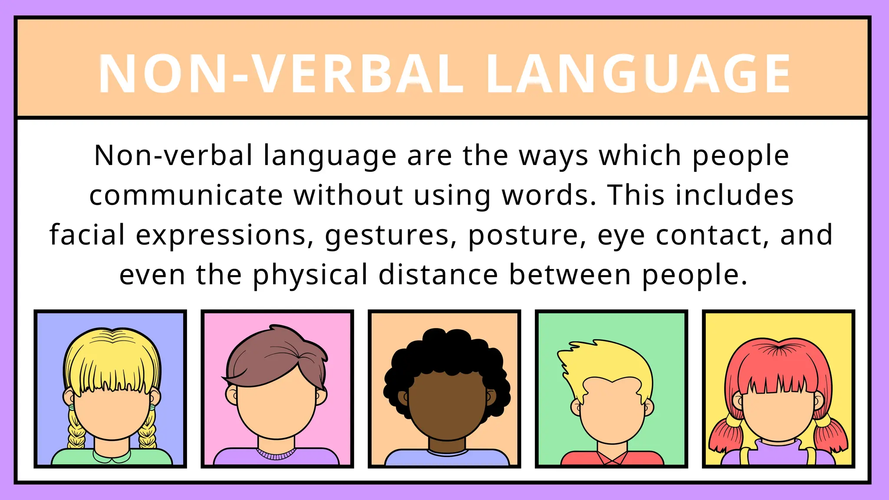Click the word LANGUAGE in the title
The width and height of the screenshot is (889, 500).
(638, 74)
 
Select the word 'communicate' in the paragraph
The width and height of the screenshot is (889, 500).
(186, 195)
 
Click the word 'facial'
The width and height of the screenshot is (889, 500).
(87, 235)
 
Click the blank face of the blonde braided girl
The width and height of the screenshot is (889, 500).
(112, 412)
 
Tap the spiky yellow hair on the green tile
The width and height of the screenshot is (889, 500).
(608, 360)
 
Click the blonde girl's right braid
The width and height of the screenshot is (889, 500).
(148, 430)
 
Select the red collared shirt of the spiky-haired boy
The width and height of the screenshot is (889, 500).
(612, 458)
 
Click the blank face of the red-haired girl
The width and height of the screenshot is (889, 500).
(778, 417)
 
